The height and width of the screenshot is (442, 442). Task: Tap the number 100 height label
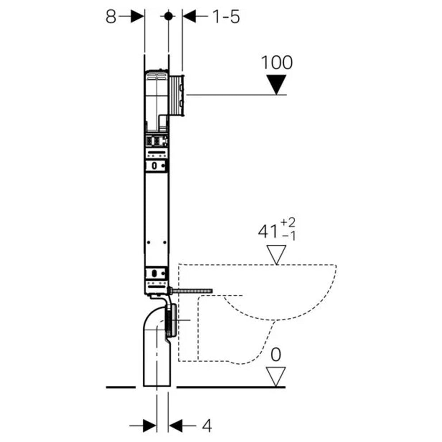277,62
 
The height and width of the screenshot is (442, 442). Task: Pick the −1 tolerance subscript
290,236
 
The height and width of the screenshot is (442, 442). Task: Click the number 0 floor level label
276,355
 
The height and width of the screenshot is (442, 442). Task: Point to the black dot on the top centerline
168,16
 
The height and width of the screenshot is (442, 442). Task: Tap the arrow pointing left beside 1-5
194,16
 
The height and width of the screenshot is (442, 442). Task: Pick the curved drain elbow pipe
155,336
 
